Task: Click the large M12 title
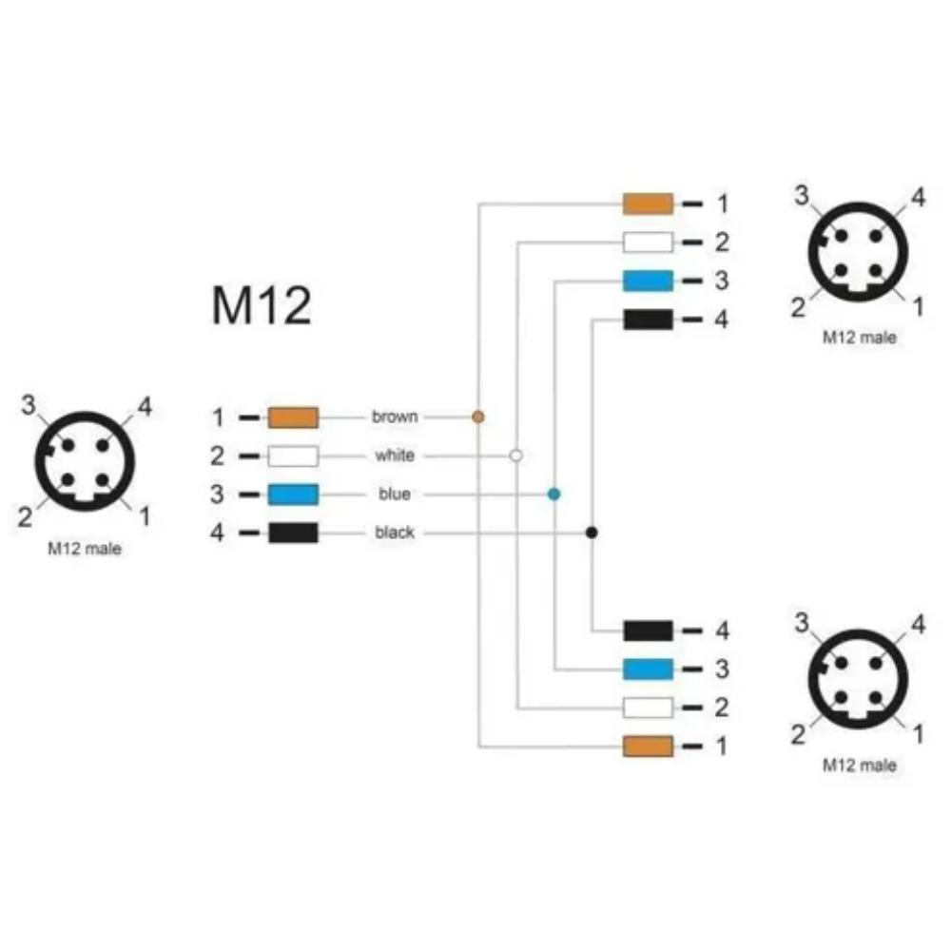262,305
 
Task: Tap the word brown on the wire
395,417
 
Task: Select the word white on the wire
395,455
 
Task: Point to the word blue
395,494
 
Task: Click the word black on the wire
395,532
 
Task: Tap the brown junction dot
478,417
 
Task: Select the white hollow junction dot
516,455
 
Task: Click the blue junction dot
553,494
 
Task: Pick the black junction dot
592,533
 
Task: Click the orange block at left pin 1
293,417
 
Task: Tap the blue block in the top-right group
648,281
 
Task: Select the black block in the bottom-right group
648,631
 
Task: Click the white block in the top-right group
648,242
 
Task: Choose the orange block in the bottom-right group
648,746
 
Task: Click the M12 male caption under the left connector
85,549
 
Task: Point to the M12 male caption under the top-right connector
859,338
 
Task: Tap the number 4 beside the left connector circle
145,406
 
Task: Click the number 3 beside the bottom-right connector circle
802,622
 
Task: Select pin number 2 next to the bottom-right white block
721,708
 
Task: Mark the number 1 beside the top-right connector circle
919,306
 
